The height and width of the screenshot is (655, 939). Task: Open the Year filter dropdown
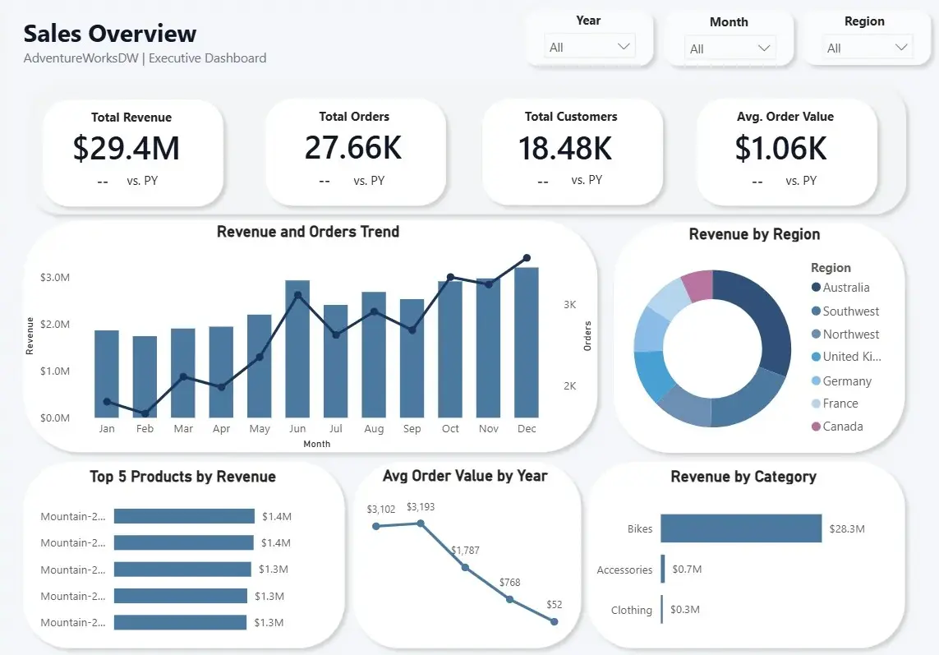(589, 47)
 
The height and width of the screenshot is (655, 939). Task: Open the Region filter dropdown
(867, 48)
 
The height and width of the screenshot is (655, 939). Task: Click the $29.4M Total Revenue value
(126, 148)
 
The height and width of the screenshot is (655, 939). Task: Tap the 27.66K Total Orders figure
(353, 147)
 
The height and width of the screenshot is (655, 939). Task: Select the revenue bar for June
(297, 348)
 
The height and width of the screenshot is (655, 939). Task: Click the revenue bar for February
(145, 377)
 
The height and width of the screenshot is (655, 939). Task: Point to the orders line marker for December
(527, 258)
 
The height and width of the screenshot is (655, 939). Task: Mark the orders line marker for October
(450, 277)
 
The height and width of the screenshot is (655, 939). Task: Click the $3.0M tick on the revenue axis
(55, 278)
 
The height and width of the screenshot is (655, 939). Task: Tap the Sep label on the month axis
(412, 429)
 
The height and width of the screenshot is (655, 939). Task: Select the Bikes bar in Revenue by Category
(741, 528)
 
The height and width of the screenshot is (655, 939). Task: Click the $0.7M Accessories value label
(687, 570)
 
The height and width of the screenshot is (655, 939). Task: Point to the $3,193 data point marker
(421, 524)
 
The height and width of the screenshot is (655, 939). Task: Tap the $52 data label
(555, 605)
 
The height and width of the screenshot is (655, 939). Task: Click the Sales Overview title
(110, 34)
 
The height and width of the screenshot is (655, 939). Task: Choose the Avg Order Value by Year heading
(465, 476)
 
